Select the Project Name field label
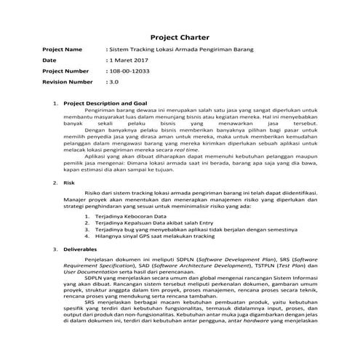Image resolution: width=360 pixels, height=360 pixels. [63, 49]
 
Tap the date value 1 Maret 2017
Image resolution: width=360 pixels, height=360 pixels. [129, 60]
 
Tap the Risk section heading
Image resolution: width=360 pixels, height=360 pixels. [71, 183]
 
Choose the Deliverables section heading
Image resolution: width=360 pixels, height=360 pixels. [81, 249]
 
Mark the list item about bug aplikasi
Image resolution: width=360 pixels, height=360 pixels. [189, 230]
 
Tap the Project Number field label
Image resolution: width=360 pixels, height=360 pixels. [66, 71]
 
